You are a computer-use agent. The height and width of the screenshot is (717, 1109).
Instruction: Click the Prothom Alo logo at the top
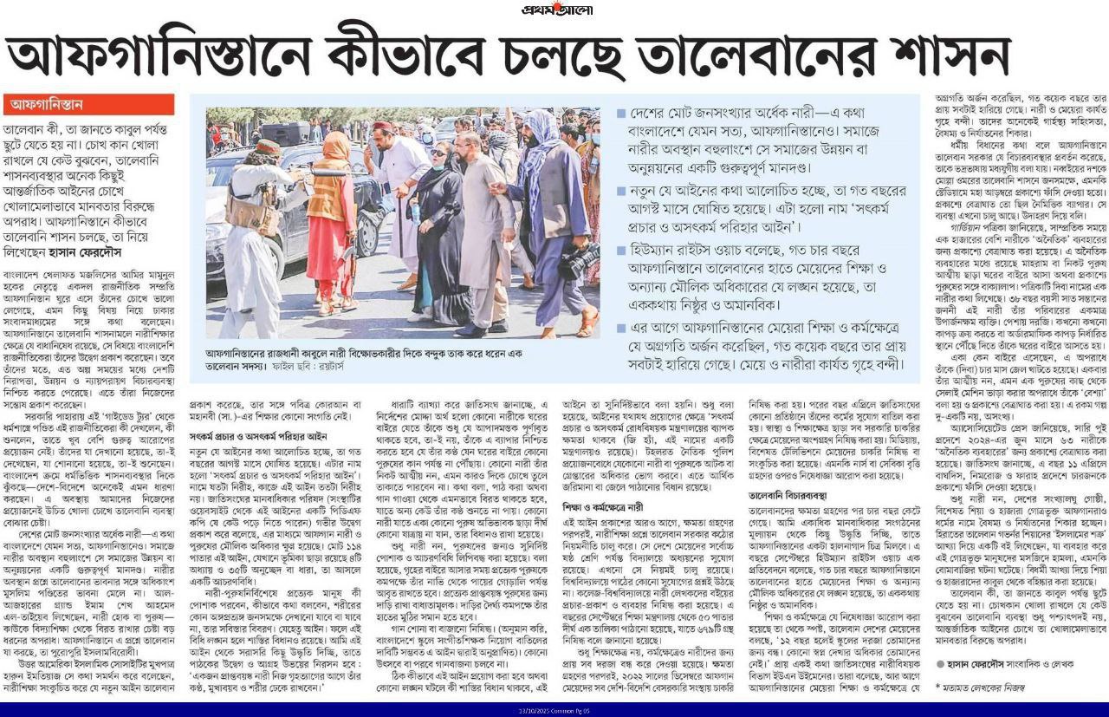point(554,10)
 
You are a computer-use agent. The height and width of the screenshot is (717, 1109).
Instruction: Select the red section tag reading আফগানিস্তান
point(48,105)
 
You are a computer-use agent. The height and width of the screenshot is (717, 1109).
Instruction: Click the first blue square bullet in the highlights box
point(621,114)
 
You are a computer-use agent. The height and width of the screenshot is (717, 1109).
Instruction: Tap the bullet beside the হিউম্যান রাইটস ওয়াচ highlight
point(621,248)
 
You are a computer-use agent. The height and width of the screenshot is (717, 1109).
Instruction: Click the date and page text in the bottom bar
point(554,710)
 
